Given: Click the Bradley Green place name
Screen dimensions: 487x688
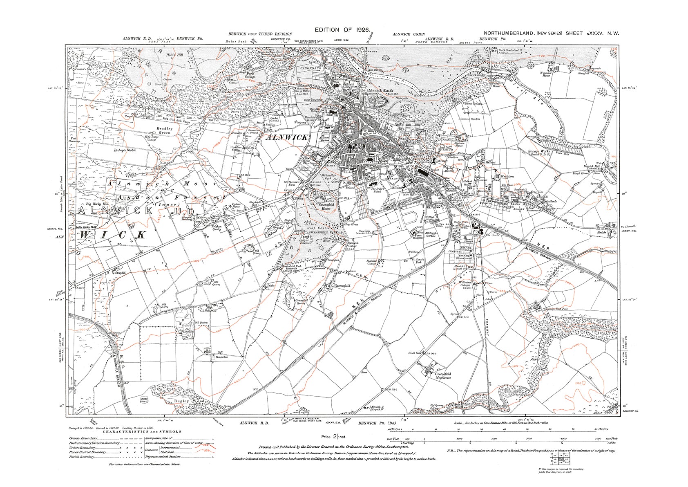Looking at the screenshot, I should coord(165,130).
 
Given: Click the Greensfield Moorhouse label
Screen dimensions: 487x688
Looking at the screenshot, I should coord(443,376).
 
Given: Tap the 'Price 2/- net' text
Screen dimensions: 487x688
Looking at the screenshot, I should coord(334,437).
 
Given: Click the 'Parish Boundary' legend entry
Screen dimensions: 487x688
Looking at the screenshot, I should coord(82,457).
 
